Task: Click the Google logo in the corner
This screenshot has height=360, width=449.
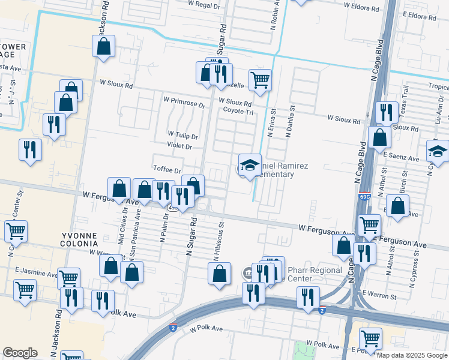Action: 20,353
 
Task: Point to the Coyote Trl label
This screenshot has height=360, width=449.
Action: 239,111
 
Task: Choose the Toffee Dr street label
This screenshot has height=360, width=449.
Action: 167,170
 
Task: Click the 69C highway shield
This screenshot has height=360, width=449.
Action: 364,196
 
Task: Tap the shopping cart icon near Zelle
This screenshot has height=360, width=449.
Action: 260,79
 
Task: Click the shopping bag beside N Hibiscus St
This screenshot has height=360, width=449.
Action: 220,273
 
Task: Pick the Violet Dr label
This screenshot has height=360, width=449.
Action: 180,146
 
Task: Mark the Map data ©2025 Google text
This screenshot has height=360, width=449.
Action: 412,355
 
